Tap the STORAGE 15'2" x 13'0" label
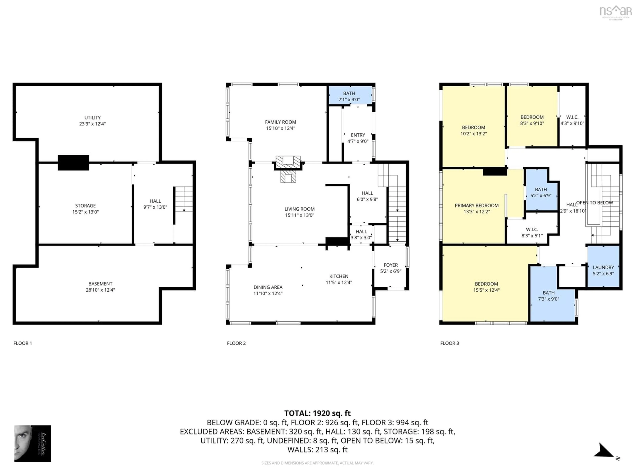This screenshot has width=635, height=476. point(85,209)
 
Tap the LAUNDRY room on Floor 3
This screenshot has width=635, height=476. point(603,270)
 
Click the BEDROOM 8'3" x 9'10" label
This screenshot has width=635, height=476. point(532,120)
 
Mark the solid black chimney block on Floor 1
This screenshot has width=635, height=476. point(73,163)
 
